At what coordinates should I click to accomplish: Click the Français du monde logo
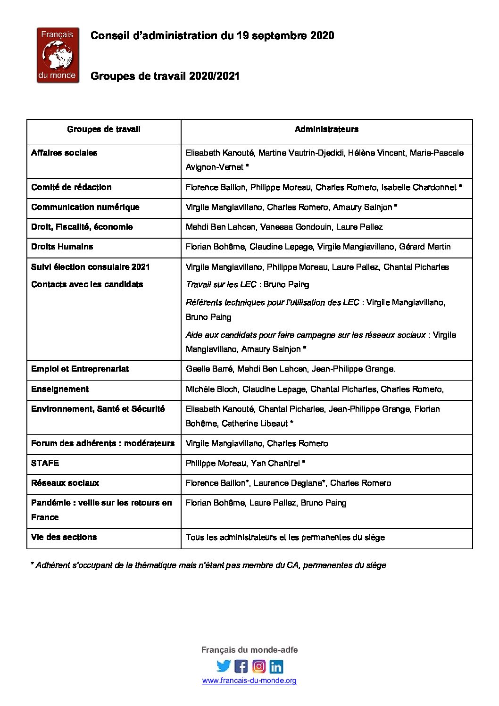(58, 55)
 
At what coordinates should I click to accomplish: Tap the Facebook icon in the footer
(241, 666)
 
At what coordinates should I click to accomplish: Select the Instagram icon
(258, 666)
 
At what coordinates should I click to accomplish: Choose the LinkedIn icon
(276, 666)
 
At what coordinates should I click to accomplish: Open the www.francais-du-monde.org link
(249, 680)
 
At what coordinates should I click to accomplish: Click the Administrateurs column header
(326, 129)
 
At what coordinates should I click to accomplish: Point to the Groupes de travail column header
(104, 129)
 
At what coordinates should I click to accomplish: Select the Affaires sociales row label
(64, 153)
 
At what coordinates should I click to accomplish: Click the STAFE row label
(45, 463)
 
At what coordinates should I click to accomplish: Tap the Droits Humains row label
(62, 247)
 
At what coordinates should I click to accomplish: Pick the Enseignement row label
(60, 389)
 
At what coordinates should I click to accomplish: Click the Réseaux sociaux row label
(65, 483)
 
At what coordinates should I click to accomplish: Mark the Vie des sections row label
(64, 537)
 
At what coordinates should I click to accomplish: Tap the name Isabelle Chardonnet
(419, 187)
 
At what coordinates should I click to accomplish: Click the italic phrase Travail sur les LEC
(221, 284)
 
